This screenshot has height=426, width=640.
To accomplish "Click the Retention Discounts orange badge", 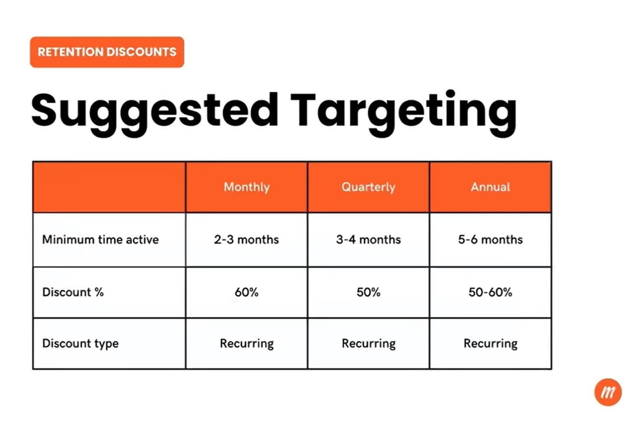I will coord(107,52).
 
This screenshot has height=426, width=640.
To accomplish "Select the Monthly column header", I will coord(247,187).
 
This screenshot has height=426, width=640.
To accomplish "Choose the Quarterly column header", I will coord(369,187).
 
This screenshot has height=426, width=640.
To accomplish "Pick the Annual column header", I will coord(490,187).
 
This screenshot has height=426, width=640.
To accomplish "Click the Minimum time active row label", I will coord(101,240).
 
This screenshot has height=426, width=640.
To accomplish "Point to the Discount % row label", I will coord(73,292).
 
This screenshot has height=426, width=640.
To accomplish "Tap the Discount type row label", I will coord(80,343).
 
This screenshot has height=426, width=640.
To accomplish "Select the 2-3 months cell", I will coord(247,240).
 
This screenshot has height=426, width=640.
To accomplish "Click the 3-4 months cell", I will coord(369,240).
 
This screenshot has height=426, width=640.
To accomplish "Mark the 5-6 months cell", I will coord(490,240).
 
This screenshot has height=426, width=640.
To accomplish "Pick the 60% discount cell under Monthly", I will coord(247,292).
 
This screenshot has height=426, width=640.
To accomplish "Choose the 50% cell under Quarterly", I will coord(369,292).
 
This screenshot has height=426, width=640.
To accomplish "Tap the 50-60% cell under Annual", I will coord(490,292).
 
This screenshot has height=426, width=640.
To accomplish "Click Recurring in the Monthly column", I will coord(247,343).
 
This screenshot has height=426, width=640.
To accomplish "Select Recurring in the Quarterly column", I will coord(369,343).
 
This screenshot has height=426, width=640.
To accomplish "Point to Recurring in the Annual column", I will coord(490,343).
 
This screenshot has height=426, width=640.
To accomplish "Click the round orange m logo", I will coord(608,392).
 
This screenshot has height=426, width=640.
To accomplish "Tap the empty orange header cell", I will coord(109,187).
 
